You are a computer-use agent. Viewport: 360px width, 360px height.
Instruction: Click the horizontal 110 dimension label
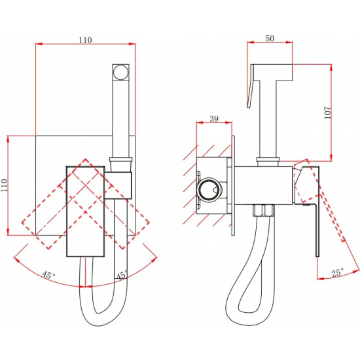pyautogui.click(x=85, y=40)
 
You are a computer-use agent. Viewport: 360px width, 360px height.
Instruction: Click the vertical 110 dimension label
pyautogui.click(x=5, y=185)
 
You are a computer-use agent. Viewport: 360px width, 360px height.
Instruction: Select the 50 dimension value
pyautogui.click(x=270, y=39)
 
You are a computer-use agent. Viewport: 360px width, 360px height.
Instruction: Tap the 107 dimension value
pyautogui.click(x=328, y=113)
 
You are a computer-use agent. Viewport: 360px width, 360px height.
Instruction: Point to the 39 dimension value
pyautogui.click(x=214, y=118)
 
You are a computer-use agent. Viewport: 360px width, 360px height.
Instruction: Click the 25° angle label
pyautogui.click(x=338, y=272)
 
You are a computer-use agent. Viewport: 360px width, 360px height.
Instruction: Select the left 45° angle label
pyautogui.click(x=48, y=275)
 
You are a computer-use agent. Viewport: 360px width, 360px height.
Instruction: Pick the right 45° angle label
pyautogui.click(x=122, y=275)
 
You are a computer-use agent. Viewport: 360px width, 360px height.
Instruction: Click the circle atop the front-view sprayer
pyautogui.click(x=121, y=72)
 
